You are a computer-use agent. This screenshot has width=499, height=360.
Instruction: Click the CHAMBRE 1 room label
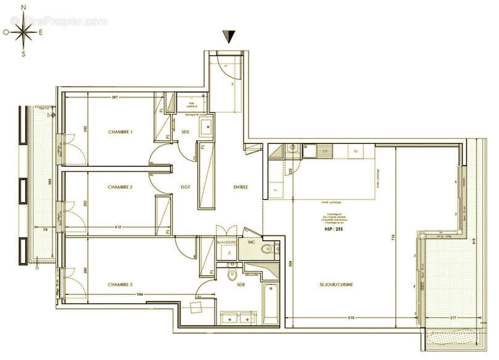(x=120, y=133)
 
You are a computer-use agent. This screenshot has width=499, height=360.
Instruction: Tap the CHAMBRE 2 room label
(x=120, y=187)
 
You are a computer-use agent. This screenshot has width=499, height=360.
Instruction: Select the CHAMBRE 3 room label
(x=120, y=284)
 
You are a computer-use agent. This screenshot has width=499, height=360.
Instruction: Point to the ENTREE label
(x=240, y=187)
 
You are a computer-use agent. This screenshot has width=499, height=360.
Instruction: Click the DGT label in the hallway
(x=184, y=187)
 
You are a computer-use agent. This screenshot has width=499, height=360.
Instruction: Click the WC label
(x=252, y=242)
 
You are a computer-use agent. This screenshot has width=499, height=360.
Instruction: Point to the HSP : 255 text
(x=332, y=228)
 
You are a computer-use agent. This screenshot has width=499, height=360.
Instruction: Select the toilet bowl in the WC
(x=266, y=249)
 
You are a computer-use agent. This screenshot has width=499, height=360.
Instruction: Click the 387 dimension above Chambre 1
(x=115, y=98)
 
